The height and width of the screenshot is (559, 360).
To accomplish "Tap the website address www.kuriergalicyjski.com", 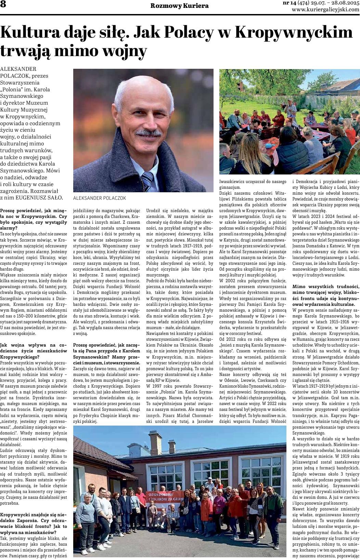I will (325, 10).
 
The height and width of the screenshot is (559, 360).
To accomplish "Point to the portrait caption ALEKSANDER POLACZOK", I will (95, 198).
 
